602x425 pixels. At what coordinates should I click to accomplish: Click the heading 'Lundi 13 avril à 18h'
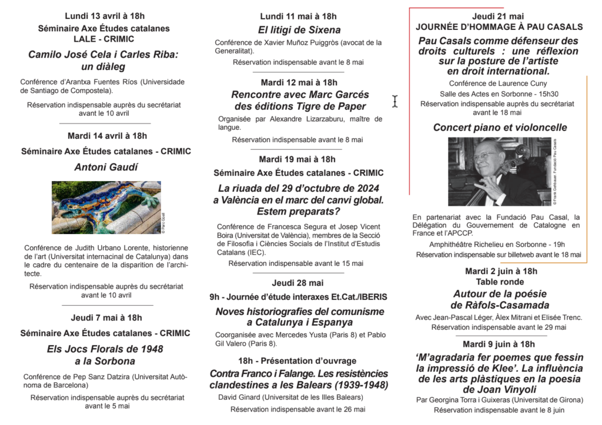[104, 16]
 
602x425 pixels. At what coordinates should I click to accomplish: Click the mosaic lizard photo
[106, 208]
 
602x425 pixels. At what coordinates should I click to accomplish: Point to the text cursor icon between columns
[395, 101]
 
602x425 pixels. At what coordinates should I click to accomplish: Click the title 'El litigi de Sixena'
[299, 29]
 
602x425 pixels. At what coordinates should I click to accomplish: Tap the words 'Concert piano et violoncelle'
[500, 128]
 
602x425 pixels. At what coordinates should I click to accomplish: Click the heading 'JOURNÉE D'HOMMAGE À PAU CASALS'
[499, 27]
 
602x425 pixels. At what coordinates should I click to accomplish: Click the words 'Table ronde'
[500, 282]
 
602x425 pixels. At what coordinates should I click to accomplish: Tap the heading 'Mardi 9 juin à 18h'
[499, 344]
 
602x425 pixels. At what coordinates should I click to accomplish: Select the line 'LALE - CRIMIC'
[104, 39]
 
